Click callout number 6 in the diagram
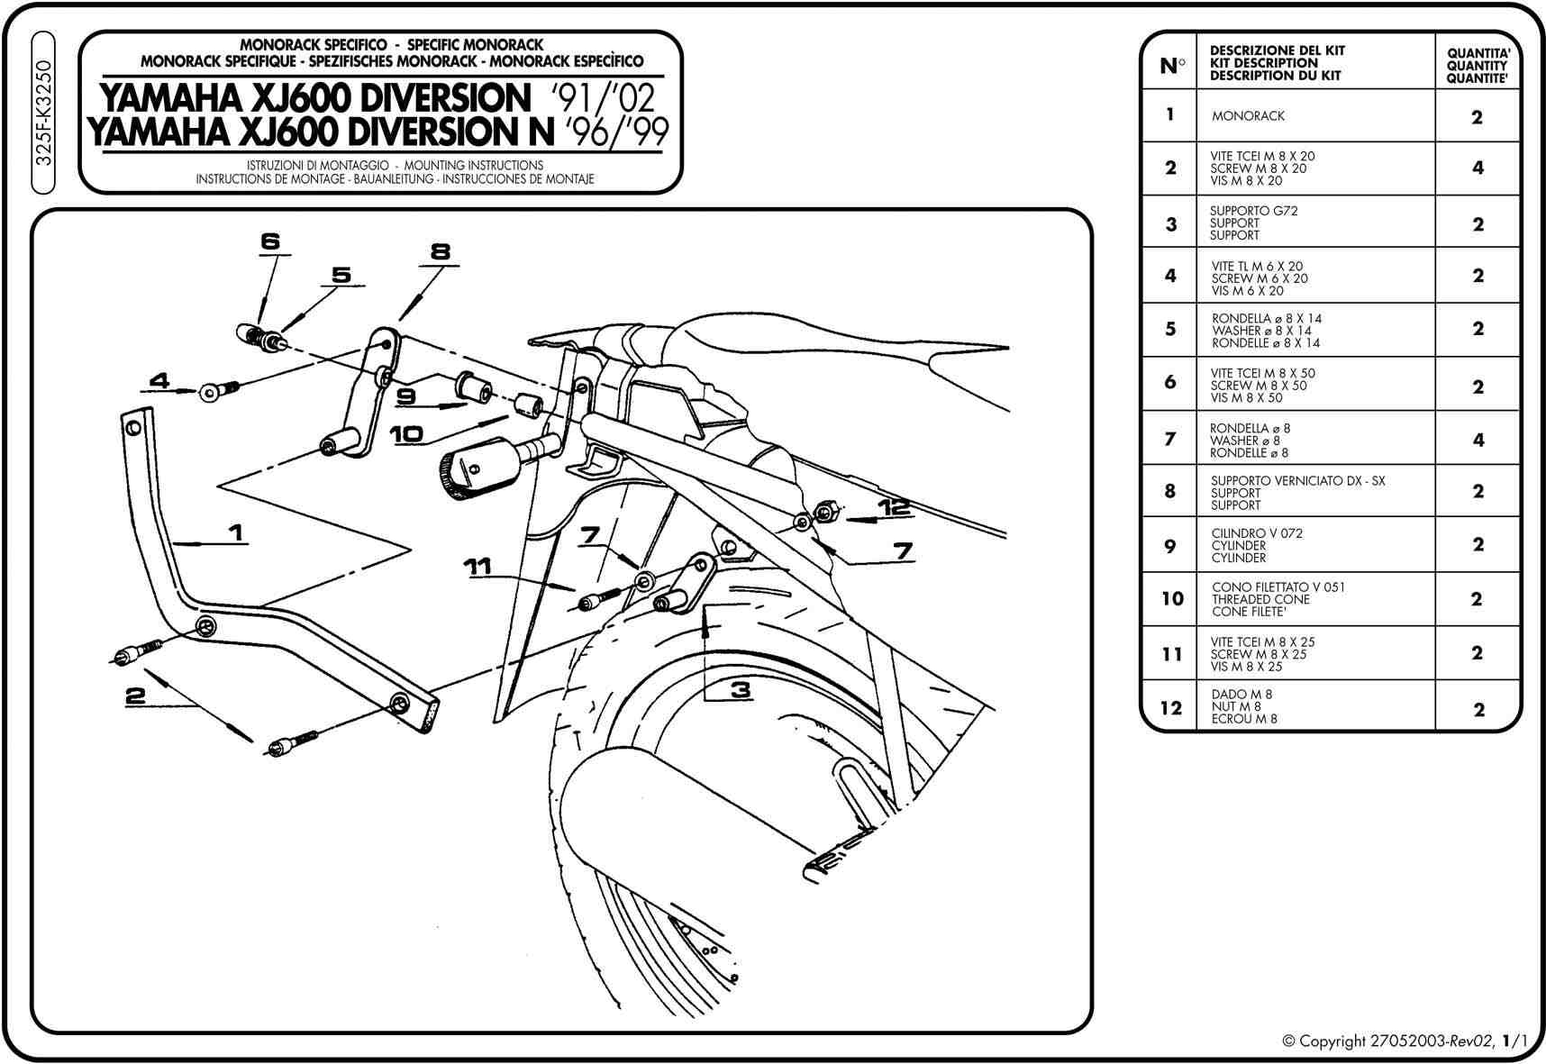(270, 241)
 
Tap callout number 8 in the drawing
(440, 251)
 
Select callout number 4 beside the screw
(159, 381)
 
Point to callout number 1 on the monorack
(236, 532)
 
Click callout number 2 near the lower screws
(135, 695)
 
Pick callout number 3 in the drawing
(741, 690)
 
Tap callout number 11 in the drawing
(477, 566)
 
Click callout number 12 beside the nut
(896, 507)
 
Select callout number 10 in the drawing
(406, 433)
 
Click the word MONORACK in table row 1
(1248, 116)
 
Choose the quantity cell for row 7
(1478, 440)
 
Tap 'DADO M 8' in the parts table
(1241, 695)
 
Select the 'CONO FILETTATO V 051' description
(1278, 587)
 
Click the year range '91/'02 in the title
(605, 97)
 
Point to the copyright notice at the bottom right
(1404, 1041)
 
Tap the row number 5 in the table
(1170, 329)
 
